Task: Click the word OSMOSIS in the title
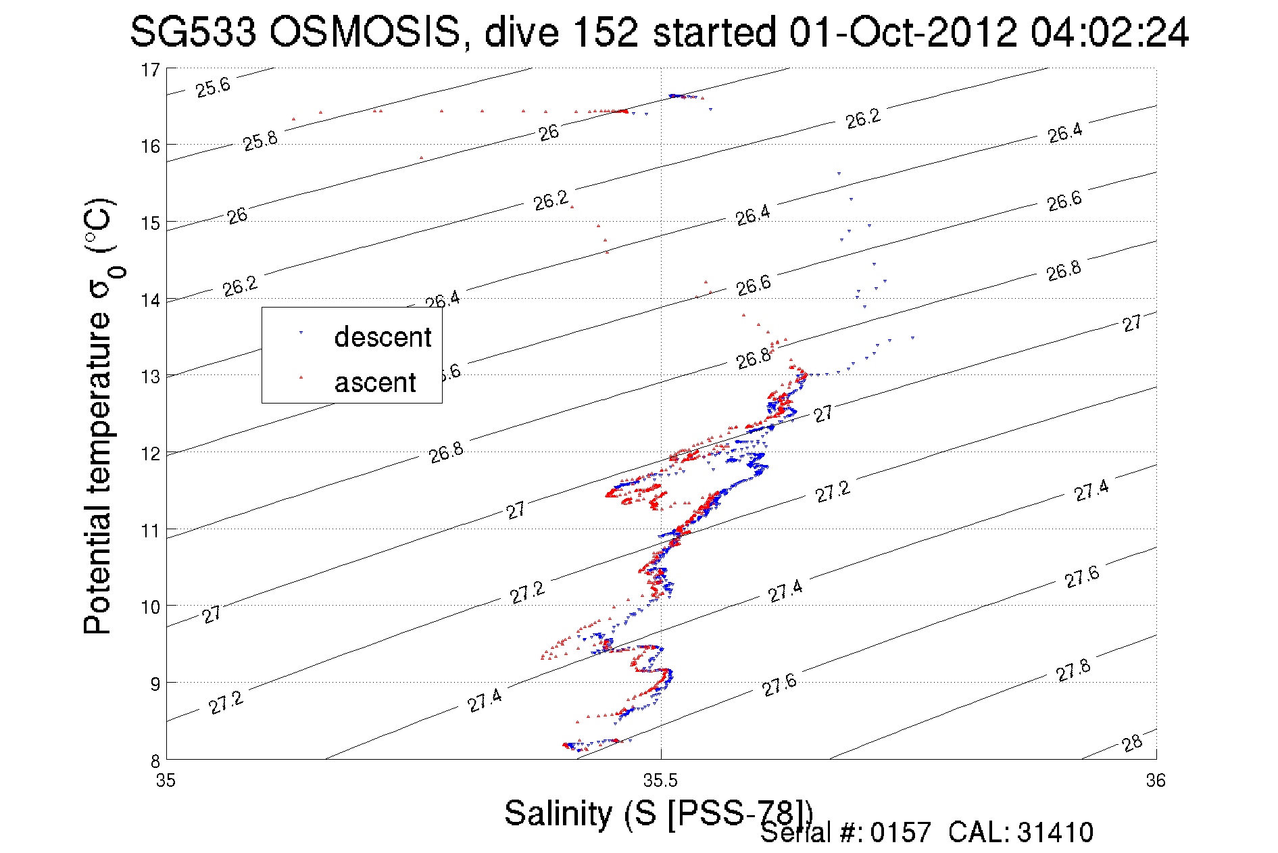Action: click(364, 32)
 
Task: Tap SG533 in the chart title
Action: click(193, 32)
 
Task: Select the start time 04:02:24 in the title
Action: click(1109, 32)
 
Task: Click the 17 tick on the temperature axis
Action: click(150, 70)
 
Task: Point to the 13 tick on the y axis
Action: click(150, 376)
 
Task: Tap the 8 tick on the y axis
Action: click(155, 760)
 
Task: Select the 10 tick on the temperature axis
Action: click(150, 607)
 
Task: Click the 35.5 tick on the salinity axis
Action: click(660, 781)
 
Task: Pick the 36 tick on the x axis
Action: click(1156, 781)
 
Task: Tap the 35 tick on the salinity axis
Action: click(166, 781)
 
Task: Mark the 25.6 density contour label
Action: click(213, 87)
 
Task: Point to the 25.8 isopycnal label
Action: click(260, 141)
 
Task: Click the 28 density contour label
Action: click(1132, 743)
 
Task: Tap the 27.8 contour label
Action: click(1073, 670)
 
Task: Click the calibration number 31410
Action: click(1055, 833)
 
